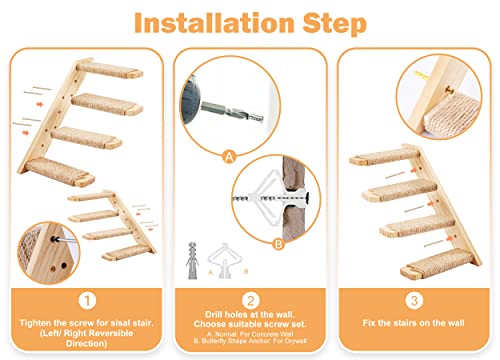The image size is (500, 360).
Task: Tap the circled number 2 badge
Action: [248, 297]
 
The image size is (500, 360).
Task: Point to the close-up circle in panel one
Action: [41, 246]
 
